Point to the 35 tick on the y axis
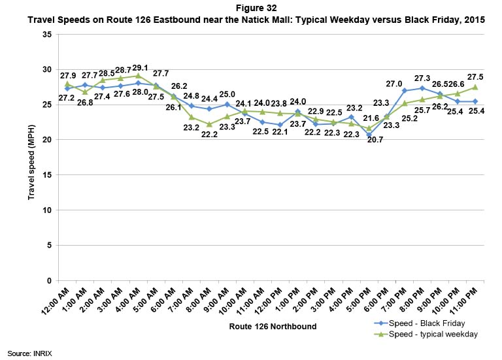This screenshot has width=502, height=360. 46,34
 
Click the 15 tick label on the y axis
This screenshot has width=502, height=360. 46,175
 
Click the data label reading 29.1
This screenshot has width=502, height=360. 139,67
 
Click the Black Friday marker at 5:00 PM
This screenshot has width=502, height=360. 369,135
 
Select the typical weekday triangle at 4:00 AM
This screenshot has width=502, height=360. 138,76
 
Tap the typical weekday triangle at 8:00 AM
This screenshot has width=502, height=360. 209,124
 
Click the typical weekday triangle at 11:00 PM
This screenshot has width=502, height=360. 475,87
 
